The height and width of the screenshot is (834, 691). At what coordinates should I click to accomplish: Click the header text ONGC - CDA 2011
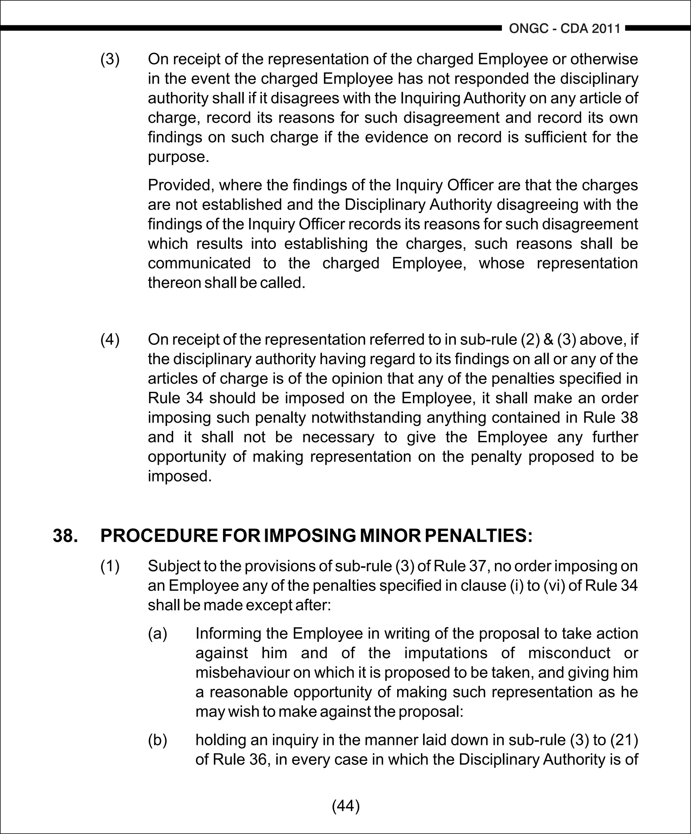tap(564, 29)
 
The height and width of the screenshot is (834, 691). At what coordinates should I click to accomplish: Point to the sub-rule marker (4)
tap(110, 339)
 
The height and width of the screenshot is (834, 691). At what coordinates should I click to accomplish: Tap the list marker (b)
tap(158, 740)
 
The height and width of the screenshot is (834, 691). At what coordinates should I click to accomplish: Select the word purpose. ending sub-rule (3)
tap(178, 157)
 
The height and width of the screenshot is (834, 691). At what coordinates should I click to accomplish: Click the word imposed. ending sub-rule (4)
tap(179, 476)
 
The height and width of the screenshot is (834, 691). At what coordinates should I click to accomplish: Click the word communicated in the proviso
tap(199, 263)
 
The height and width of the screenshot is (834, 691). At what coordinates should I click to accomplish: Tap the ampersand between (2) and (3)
tap(548, 339)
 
